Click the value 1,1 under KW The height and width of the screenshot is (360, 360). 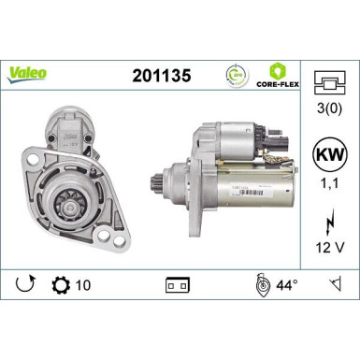(327, 186)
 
